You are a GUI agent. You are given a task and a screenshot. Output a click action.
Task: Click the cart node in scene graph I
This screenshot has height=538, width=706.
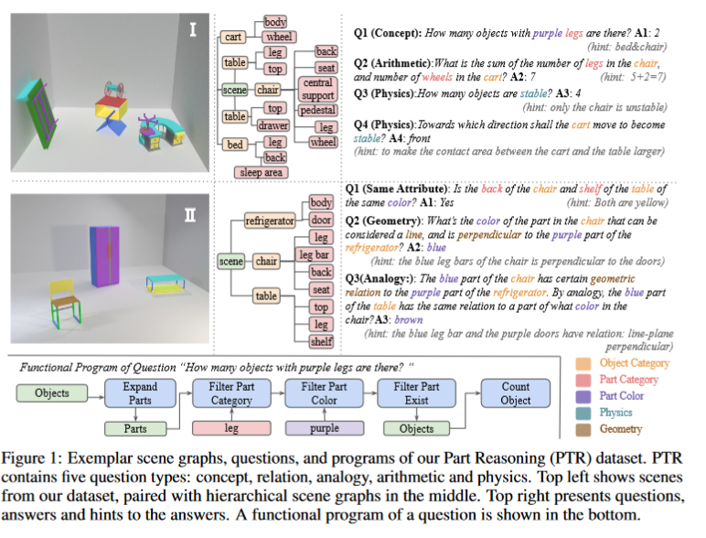(233, 38)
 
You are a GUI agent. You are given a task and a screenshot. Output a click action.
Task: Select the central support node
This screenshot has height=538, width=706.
(317, 89)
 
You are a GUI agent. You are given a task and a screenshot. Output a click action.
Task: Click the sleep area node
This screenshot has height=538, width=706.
(260, 171)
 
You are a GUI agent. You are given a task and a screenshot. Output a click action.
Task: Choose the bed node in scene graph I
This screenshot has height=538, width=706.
(234, 145)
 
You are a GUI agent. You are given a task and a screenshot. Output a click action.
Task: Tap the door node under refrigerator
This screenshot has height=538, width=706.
(321, 220)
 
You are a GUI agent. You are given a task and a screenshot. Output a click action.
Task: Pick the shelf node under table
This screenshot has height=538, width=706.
(321, 341)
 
